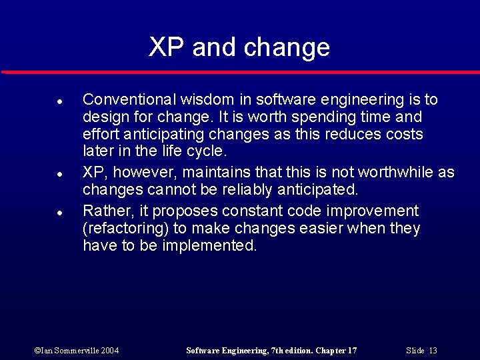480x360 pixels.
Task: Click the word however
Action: pyautogui.click(x=140, y=173)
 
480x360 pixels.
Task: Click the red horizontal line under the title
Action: pyautogui.click(x=240, y=71)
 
